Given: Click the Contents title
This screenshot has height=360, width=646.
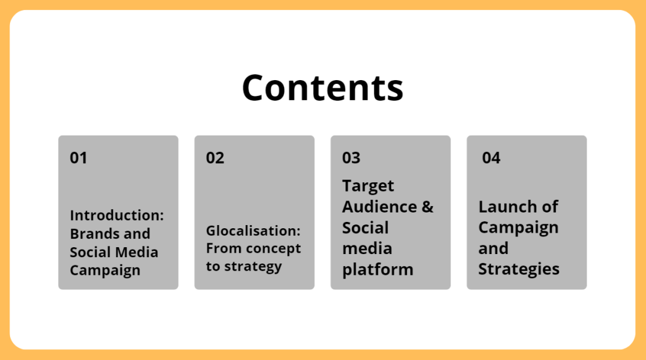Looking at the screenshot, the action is tap(322, 88).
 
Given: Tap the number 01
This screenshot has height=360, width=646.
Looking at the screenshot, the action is tap(78, 158).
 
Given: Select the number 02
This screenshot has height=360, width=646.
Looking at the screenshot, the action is tap(215, 158).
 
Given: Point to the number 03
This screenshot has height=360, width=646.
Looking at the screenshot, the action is tap(351, 158).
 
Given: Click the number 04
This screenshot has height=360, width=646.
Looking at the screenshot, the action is tap(491, 158).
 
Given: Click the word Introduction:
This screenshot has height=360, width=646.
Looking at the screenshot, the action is tap(117, 215).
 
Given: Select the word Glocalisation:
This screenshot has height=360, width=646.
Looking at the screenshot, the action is tap(254, 231).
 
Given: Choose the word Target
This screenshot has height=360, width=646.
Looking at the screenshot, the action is tap(368, 186).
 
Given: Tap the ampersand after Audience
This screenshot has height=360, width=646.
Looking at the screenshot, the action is tap(428, 207).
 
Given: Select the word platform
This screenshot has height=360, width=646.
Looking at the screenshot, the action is tap(377, 270).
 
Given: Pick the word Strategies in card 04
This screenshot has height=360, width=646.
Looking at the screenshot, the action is tap(519, 269).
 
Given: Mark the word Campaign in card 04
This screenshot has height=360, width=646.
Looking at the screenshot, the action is tap(519, 228).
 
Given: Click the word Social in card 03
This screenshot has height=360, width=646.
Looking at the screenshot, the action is tap(365, 228).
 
